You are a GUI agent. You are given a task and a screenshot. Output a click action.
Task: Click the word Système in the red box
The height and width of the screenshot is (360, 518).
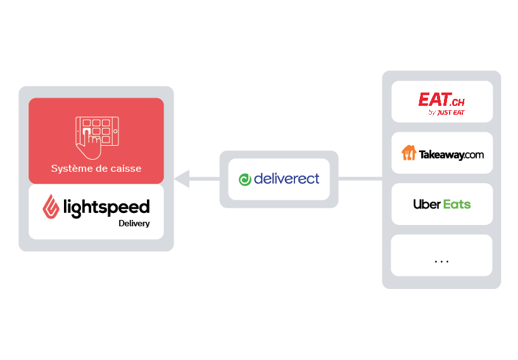(70, 169)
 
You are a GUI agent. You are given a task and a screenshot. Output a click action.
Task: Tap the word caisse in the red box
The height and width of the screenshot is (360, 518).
(126, 169)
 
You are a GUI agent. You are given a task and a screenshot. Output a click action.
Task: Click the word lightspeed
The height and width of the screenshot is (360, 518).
(106, 208)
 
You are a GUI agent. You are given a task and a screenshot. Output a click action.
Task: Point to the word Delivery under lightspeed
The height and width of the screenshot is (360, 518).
(134, 224)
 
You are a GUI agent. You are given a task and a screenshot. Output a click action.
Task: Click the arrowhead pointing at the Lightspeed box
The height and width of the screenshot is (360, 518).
(182, 179)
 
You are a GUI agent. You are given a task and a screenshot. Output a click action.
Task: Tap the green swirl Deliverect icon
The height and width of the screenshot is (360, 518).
(245, 179)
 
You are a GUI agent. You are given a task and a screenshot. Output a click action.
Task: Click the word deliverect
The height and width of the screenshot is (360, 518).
(286, 179)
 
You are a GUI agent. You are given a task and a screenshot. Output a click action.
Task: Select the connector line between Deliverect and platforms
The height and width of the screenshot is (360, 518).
(360, 179)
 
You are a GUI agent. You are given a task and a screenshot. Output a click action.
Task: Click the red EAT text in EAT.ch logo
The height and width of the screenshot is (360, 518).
(434, 99)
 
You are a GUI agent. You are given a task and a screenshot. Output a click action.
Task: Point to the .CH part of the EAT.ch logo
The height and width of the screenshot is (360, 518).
(458, 102)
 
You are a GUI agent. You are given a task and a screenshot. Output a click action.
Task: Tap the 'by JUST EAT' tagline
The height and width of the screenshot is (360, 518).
(446, 112)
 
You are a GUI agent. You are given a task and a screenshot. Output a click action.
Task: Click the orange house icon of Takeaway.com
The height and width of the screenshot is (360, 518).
(408, 153)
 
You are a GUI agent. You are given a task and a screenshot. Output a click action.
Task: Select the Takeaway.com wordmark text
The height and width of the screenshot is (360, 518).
(452, 155)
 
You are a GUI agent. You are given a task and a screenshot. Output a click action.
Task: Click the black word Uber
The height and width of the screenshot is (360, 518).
(427, 204)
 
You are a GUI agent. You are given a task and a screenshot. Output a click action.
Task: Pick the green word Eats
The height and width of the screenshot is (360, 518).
(457, 204)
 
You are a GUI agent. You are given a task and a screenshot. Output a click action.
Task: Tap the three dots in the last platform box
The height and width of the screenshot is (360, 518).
(441, 262)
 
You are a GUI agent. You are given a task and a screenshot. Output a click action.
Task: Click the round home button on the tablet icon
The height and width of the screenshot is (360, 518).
(115, 131)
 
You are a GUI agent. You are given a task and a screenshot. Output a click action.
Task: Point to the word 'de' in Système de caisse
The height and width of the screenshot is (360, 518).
(101, 169)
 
